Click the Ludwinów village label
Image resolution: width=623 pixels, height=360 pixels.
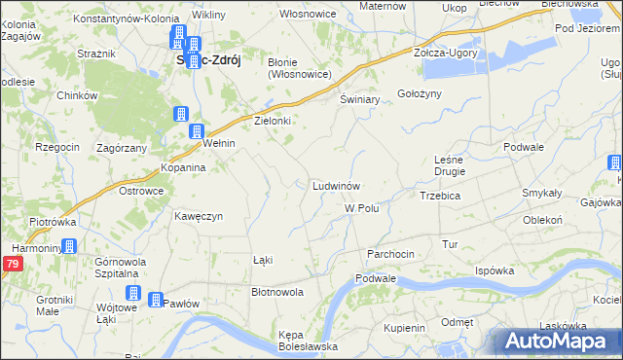pos(337,185)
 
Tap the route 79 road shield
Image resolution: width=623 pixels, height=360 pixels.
pos(11,264)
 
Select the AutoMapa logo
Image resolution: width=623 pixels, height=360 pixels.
pos(557,342)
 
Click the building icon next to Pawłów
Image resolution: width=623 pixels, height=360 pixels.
pos(155,300)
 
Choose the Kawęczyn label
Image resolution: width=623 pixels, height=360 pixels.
pos(200,215)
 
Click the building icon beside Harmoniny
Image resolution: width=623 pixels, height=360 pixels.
pos(69,247)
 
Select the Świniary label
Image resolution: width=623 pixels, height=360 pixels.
pos(359,100)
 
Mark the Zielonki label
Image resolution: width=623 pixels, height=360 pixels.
pos(274,121)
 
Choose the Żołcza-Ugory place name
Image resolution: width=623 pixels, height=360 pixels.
pos(446,53)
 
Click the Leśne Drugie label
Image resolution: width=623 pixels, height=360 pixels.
pos(450,164)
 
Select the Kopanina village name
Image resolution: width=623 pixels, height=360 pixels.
pos(183,167)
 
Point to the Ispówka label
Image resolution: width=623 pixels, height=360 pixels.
pos(495,270)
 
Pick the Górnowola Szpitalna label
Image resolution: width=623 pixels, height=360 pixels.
pos(120,269)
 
